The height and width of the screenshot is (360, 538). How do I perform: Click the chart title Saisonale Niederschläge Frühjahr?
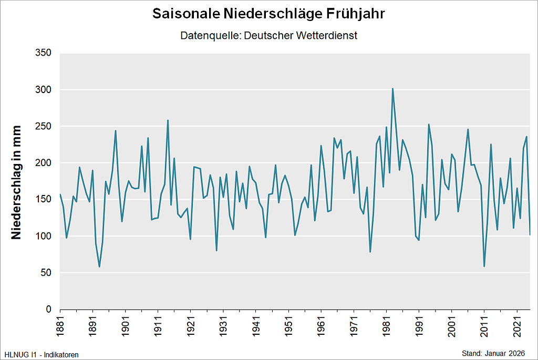268,14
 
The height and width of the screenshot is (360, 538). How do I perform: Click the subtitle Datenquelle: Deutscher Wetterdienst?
268,36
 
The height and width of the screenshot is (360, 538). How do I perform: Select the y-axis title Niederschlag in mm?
17,182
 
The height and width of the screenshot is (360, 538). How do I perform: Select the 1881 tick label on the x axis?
60,327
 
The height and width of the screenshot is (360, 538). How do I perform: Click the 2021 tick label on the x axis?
516,327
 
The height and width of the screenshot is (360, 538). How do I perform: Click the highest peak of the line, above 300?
392,89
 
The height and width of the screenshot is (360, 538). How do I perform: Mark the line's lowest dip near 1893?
99,266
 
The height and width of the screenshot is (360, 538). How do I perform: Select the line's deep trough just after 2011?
484,266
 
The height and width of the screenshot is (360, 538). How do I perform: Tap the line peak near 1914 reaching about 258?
168,120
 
